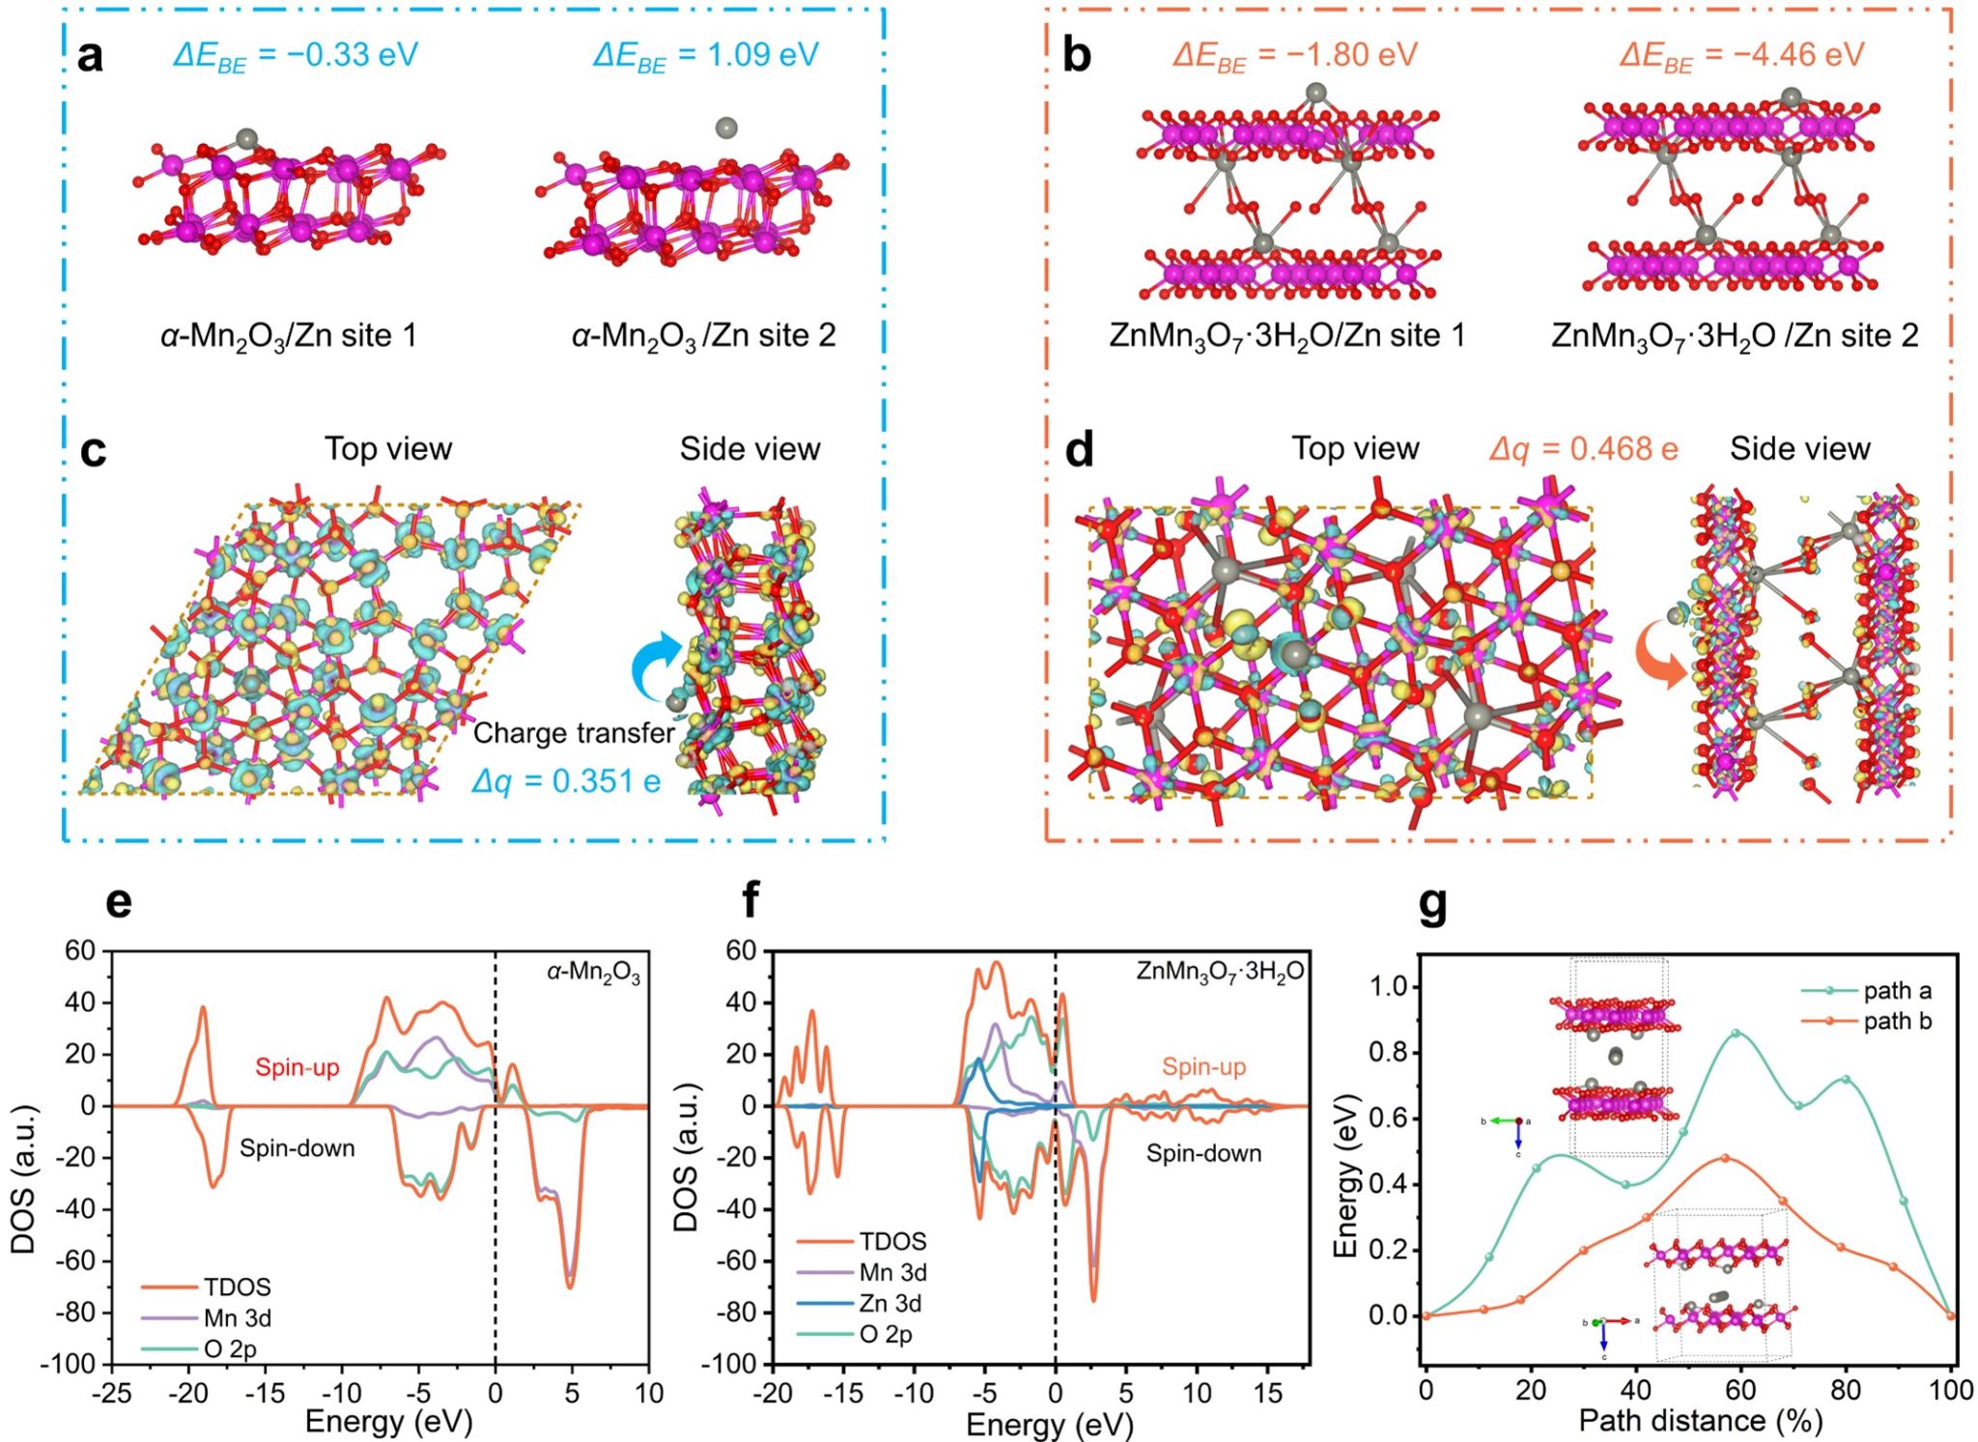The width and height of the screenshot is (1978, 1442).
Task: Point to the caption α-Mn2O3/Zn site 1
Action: pyautogui.click(x=289, y=336)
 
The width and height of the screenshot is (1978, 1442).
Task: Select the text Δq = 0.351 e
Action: pyautogui.click(x=566, y=780)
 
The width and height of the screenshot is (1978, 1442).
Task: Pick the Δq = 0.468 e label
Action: pyautogui.click(x=1583, y=449)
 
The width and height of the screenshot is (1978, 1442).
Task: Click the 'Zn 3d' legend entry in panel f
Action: pyautogui.click(x=890, y=1303)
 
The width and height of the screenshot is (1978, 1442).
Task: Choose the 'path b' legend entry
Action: pyautogui.click(x=1897, y=1021)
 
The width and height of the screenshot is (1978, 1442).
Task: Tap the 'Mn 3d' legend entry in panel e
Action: pyautogui.click(x=237, y=1317)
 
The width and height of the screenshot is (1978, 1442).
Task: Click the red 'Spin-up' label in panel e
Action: pyautogui.click(x=297, y=1067)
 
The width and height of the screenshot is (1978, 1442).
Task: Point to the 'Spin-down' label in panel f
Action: pyautogui.click(x=1203, y=1153)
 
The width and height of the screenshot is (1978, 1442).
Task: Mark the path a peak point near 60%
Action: pyautogui.click(x=1737, y=1033)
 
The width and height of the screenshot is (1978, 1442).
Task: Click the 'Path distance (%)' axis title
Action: pyautogui.click(x=1701, y=1421)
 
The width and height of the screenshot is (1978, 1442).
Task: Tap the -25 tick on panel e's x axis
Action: pyautogui.click(x=112, y=1393)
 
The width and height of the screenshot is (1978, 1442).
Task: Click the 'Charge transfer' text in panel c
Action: pyautogui.click(x=574, y=733)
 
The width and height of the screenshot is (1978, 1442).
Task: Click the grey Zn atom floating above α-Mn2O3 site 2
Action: pyautogui.click(x=726, y=127)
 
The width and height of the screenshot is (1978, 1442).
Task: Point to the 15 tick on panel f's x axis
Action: pyautogui.click(x=1267, y=1393)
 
